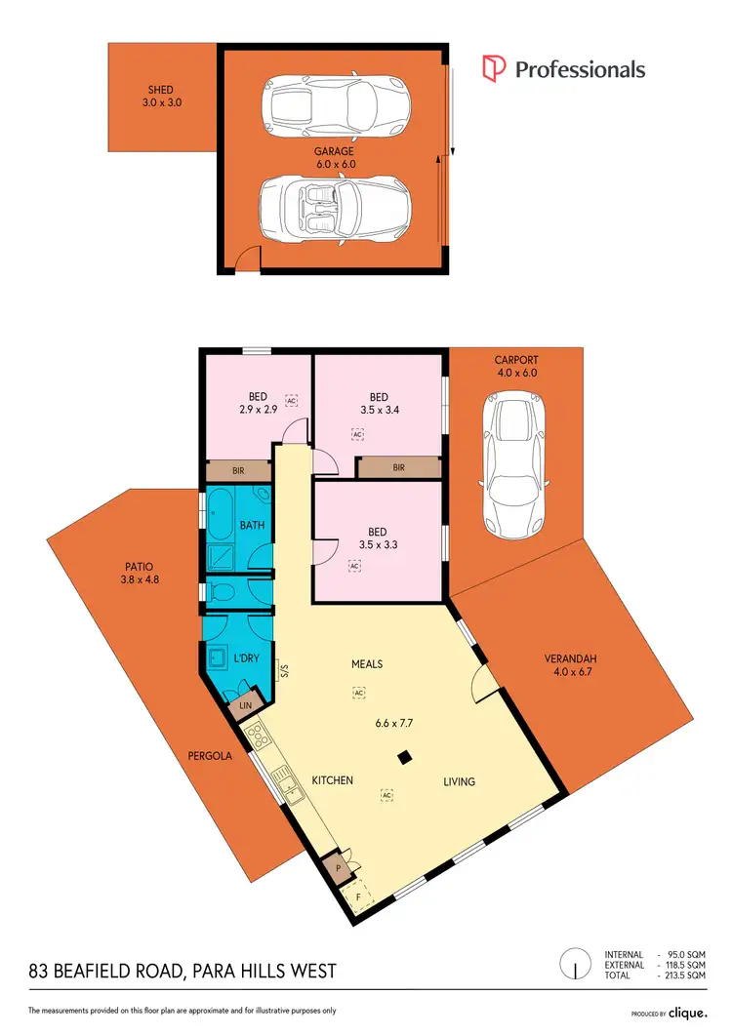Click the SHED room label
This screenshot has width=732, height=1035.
pos(160,90)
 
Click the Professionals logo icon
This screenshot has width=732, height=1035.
pos(496,68)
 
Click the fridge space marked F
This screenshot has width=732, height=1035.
pos(358,896)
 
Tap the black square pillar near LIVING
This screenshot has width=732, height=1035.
pos(402,757)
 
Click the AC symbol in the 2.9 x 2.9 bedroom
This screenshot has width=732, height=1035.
pos(291,400)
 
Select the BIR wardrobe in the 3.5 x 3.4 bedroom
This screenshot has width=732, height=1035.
pos(398,468)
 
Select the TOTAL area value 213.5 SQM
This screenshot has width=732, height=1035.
pos(680,975)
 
